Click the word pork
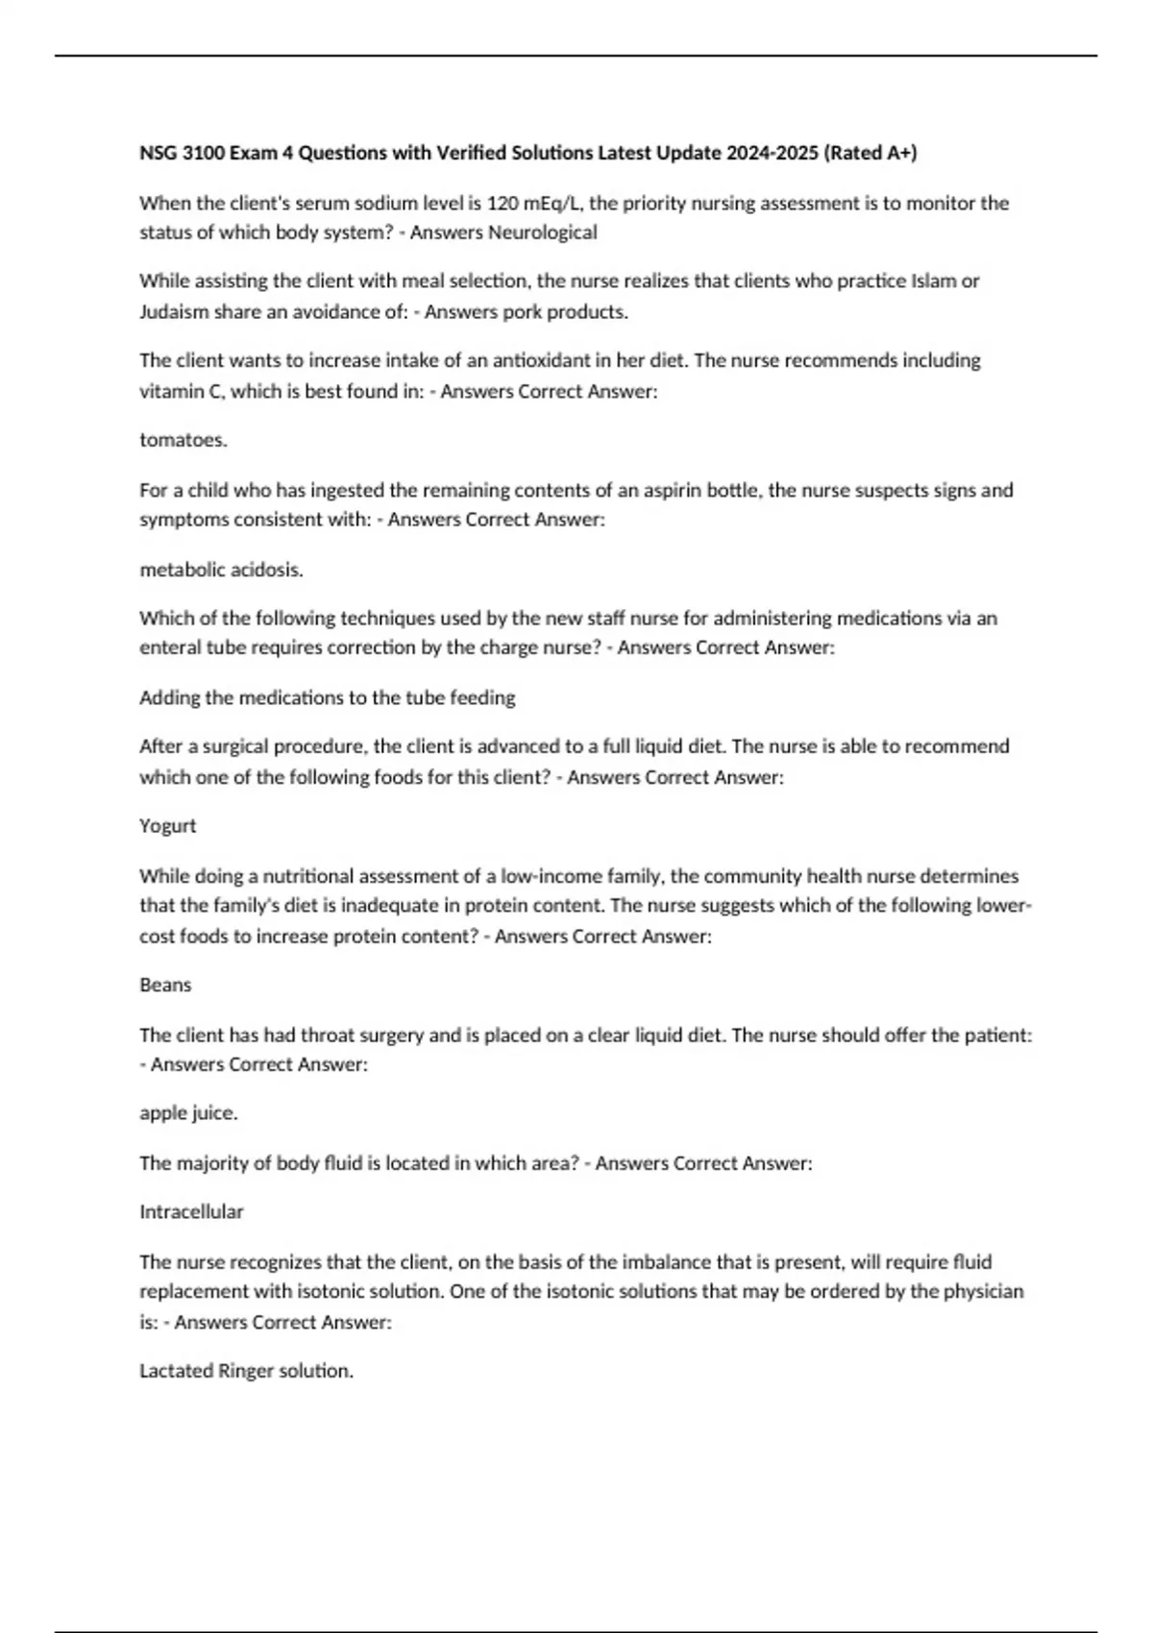[x=524, y=312]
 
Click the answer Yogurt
[x=167, y=826]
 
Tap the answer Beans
[x=165, y=986]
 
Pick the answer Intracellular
[x=191, y=1212]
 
